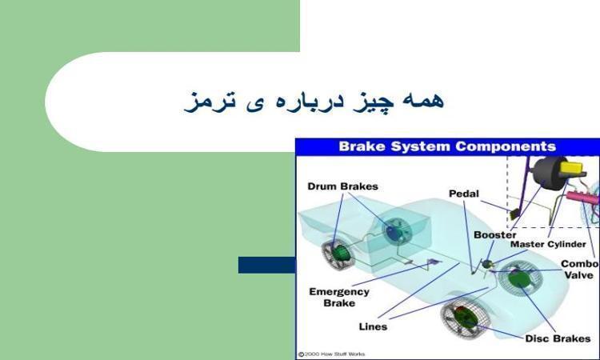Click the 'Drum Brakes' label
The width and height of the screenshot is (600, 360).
[342, 186]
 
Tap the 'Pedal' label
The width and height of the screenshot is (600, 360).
[463, 194]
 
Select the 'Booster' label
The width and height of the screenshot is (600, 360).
[494, 234]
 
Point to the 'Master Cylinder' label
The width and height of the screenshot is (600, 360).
[548, 244]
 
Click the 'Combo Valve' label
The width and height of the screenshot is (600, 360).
[579, 270]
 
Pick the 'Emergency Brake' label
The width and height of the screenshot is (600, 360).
[339, 298]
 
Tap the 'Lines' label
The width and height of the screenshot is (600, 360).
[373, 326]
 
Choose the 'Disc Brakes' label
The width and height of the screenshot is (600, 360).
[558, 338]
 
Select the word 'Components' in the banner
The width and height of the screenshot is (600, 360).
[506, 146]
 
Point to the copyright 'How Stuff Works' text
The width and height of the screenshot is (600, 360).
[331, 354]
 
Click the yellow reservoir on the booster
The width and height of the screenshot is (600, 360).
[572, 167]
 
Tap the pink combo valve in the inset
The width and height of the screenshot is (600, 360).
[582, 198]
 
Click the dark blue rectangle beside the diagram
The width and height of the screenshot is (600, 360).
[266, 265]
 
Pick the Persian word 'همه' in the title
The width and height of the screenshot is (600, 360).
[423, 100]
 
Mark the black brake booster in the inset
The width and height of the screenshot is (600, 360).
[550, 171]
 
